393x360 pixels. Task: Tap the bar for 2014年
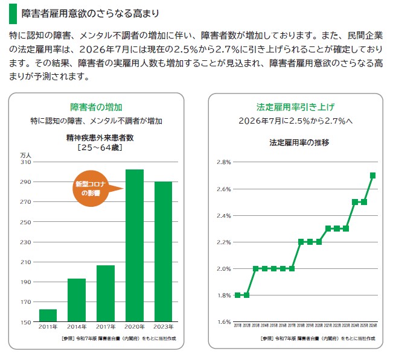[77, 300]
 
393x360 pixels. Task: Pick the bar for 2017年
[106, 294]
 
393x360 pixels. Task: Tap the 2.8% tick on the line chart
[223, 163]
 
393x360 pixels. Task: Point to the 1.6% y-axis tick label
[223, 322]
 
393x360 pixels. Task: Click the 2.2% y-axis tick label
[223, 242]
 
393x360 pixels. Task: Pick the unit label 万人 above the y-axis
[26, 155]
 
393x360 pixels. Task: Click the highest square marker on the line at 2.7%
[372, 175]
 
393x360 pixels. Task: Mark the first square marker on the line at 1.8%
[237, 295]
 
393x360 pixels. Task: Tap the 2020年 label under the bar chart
[134, 329]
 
